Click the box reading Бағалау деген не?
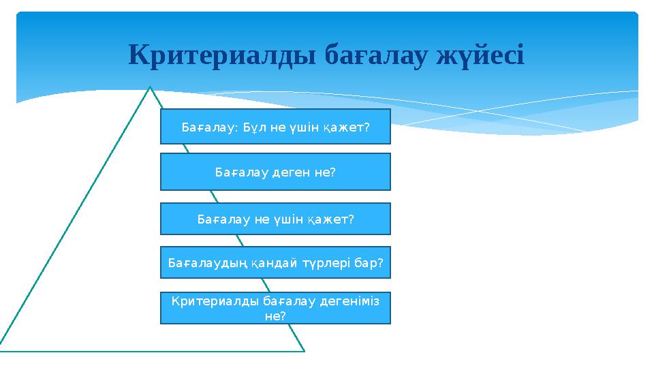[275, 172]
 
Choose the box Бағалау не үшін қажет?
[275, 219]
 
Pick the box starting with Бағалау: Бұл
[275, 127]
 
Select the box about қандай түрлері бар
[275, 263]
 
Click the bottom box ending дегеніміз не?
[275, 308]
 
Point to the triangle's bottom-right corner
[303, 351]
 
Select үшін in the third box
[286, 219]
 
